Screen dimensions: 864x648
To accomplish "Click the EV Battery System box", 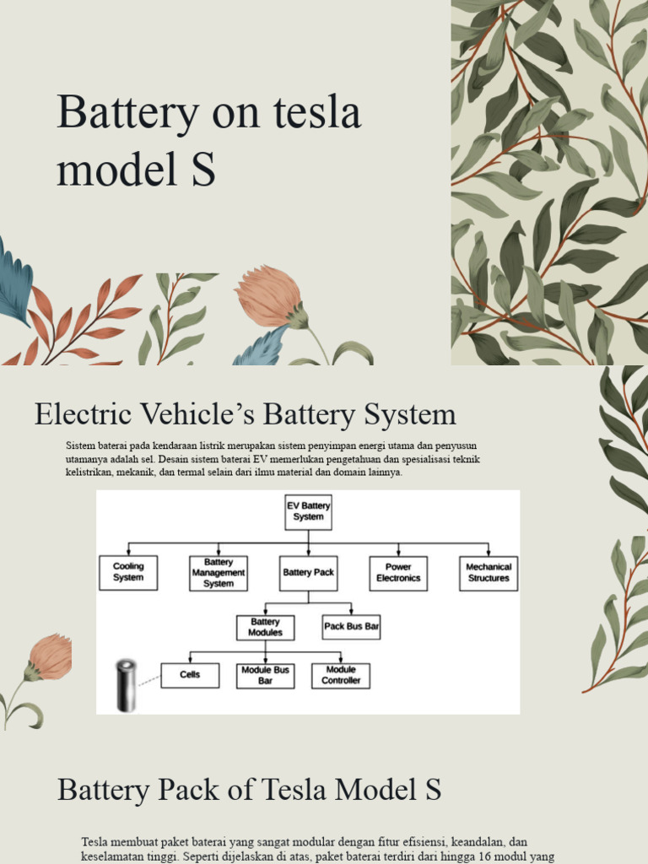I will pos(308,511).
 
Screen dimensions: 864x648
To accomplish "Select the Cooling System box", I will pos(128,573).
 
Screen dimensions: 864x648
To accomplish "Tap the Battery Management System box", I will pos(219,573).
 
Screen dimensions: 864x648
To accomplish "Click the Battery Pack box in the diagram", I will pos(308,573).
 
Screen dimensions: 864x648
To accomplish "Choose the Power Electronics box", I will pos(398,573).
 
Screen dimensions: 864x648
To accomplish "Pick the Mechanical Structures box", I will pos(489,573).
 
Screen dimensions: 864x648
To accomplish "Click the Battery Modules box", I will pos(265,627).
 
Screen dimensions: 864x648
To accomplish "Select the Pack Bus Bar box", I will pos(351,627).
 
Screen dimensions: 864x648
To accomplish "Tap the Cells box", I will pos(190,675).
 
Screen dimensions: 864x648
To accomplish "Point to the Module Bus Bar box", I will pos(265,675).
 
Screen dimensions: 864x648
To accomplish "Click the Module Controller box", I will pos(341,675).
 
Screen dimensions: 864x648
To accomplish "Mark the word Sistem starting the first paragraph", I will pos(80,445).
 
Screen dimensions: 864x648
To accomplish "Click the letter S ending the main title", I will pos(203,169).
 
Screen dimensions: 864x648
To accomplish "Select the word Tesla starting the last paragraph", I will pos(96,842).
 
